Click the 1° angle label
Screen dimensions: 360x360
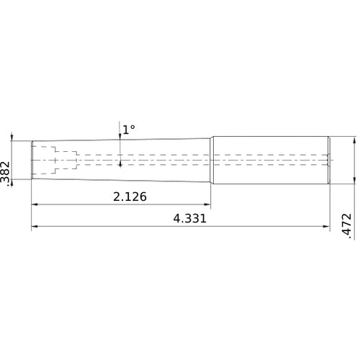point(128,130)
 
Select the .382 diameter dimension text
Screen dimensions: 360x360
point(6,174)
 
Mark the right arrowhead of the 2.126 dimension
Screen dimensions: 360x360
point(208,205)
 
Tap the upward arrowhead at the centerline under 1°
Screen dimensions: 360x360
point(120,163)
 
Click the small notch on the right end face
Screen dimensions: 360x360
point(329,159)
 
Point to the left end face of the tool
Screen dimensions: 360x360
point(32,160)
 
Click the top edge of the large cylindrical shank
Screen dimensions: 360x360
point(270,137)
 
